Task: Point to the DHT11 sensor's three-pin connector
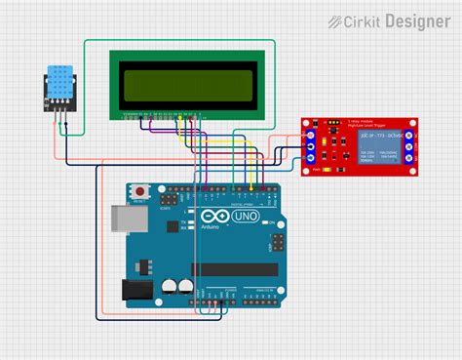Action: pyautogui.click(x=61, y=110)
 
